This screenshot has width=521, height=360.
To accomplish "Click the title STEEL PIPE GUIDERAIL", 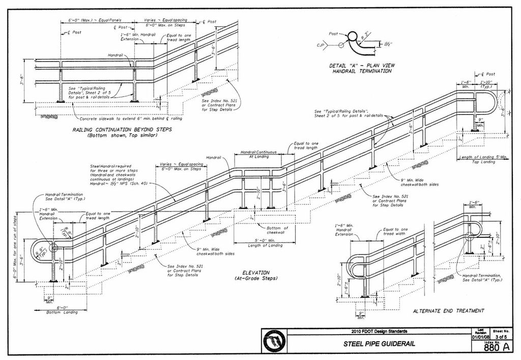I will point(379,344).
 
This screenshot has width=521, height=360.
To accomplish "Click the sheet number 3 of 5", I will point(501,337).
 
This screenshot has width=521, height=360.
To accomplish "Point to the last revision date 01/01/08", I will point(481,337).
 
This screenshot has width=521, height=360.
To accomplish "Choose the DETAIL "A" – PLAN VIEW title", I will point(362,68).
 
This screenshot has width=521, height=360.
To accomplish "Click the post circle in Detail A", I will point(352,36).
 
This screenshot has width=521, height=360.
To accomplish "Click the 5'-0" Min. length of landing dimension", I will point(257,241).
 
